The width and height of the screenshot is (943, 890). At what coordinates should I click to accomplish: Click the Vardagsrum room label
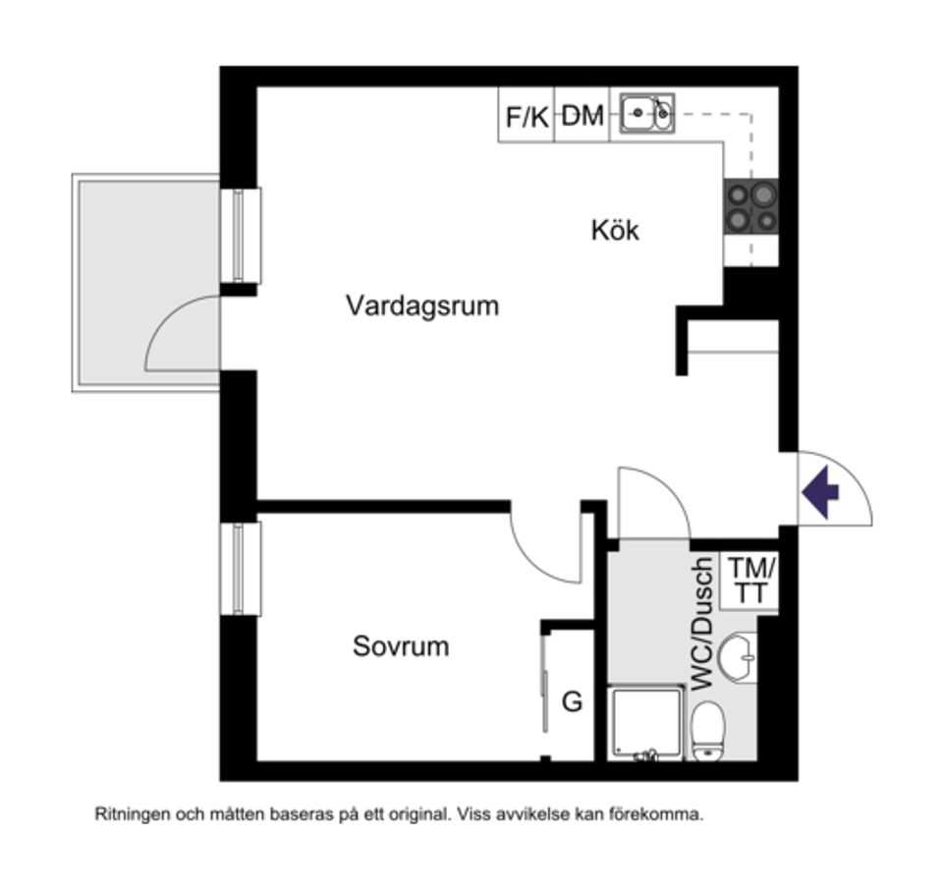point(422,306)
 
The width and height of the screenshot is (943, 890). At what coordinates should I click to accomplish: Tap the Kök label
point(615,231)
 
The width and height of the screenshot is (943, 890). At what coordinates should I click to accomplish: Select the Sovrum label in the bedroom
point(401,646)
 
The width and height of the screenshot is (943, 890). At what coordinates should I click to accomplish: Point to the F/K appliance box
point(527,116)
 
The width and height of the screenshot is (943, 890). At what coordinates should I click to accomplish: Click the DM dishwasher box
point(582,116)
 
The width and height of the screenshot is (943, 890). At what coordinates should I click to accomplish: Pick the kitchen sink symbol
point(647,114)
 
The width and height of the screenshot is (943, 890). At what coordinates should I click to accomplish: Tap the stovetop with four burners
point(751,206)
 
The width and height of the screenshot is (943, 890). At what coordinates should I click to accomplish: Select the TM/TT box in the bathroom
point(751,582)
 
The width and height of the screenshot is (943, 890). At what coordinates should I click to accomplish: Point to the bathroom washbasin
point(738,656)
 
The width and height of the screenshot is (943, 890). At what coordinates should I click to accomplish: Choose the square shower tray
point(645,723)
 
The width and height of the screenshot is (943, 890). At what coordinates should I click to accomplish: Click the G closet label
point(572,702)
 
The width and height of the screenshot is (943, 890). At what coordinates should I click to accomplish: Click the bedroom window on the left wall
point(240,569)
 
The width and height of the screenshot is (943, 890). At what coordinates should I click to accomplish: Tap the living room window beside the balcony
point(240,235)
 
